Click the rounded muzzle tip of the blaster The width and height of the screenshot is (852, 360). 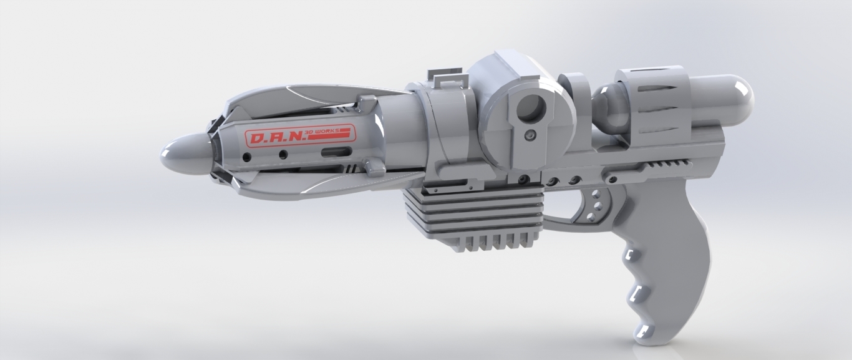point(178,153)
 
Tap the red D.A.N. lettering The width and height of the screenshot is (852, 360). point(275,137)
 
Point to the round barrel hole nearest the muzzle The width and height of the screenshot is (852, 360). point(248,156)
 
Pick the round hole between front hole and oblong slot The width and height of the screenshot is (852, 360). point(283,154)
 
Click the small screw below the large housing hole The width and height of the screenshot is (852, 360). point(530,135)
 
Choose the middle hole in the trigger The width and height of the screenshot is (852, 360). point(596,204)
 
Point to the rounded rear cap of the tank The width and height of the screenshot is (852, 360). point(736,97)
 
